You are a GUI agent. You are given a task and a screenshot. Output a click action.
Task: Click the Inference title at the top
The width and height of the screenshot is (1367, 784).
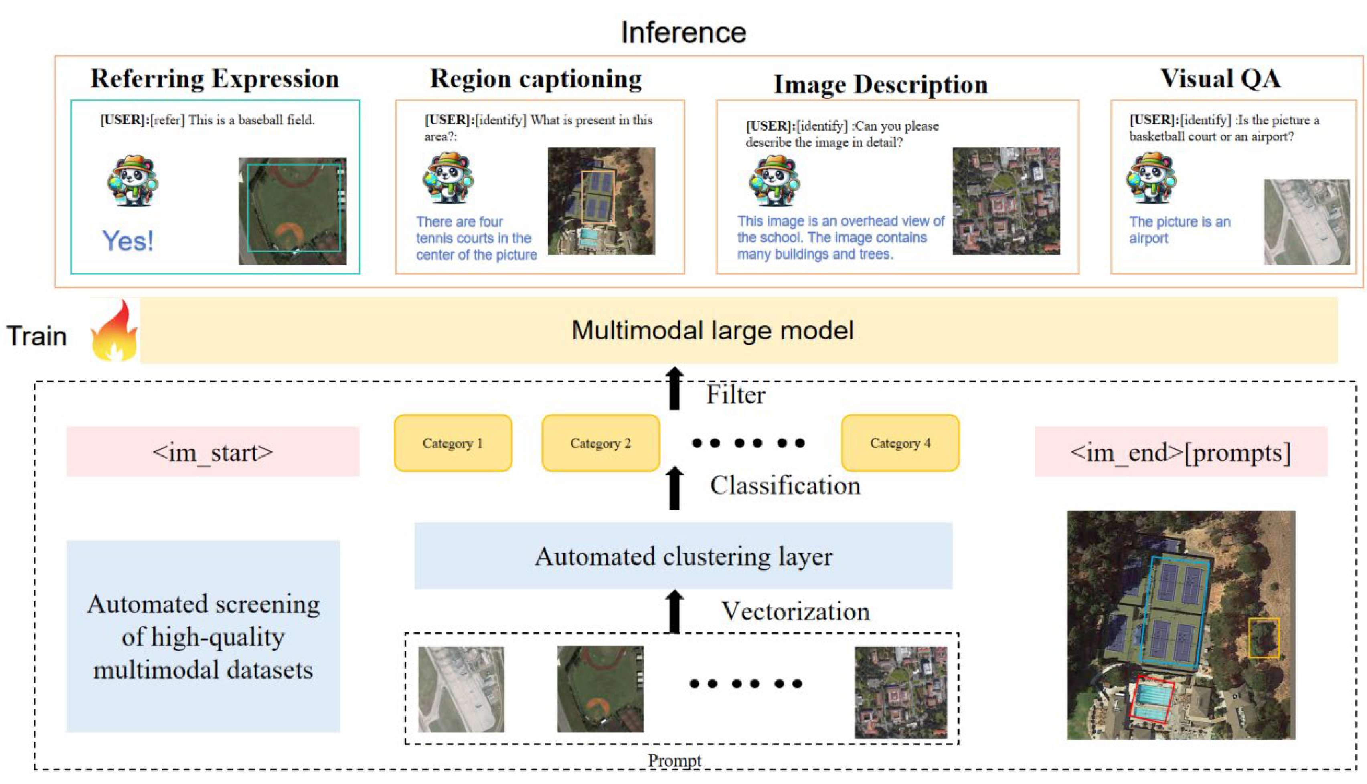click(x=683, y=32)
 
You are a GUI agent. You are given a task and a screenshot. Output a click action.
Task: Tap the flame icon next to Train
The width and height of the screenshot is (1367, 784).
click(x=113, y=331)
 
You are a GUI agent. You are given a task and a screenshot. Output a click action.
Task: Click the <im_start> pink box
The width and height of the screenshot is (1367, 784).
click(x=213, y=452)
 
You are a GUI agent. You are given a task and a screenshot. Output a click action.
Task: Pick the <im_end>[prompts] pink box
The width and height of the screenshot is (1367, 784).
click(x=1180, y=452)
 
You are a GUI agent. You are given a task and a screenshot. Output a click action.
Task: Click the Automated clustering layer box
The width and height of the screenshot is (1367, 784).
click(x=683, y=556)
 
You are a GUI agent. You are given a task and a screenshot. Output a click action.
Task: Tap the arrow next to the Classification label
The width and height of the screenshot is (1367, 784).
click(x=674, y=488)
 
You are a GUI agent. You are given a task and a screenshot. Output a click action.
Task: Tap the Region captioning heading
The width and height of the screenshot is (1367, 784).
click(x=536, y=79)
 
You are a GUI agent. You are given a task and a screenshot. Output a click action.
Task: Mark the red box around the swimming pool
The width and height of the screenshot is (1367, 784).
click(x=1152, y=700)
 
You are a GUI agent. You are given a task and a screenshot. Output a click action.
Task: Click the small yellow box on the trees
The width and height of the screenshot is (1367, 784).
click(x=1263, y=638)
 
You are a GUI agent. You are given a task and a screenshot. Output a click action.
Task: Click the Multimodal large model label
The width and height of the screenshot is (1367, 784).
click(x=712, y=331)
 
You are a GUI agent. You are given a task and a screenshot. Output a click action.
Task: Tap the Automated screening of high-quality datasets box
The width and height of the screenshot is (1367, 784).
click(x=203, y=636)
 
